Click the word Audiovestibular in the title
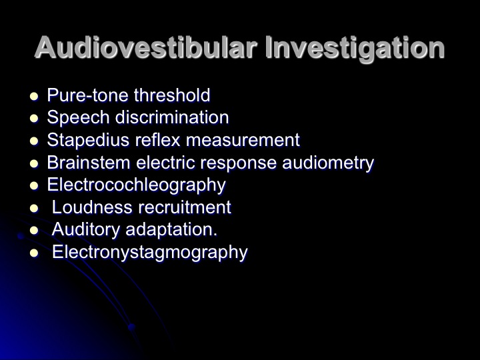145,47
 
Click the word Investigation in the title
355,49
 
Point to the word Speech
79,118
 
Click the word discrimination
172,117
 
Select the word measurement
243,141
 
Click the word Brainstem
89,162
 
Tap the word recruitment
185,207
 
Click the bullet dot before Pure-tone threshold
34,97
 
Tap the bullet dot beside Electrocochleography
34,186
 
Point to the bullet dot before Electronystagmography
34,253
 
